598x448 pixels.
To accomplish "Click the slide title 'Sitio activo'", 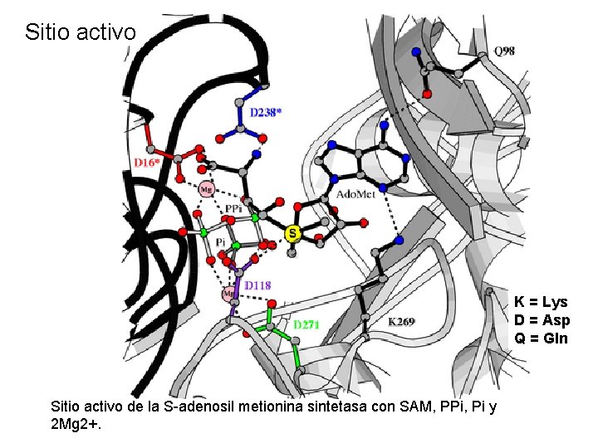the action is pos(80,32).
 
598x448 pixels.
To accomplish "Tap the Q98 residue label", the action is pos(504,51).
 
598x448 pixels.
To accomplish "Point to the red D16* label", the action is pos(146,163).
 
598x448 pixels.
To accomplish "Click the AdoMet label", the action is pos(355,194).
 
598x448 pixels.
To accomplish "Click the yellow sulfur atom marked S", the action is pos(292,234).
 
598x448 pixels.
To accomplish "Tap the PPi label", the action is pos(234,208).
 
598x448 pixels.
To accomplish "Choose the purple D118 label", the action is pos(258,285).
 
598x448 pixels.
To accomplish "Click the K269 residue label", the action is pos(402,321).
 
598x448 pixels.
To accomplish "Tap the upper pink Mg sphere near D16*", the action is pos(207,188).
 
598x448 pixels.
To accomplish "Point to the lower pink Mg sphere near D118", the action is pos(229,294).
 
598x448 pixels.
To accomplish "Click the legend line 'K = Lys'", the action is pos(541,303).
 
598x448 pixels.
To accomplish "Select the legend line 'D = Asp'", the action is pos(541,320).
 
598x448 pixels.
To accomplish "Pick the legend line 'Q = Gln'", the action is pos(541,338).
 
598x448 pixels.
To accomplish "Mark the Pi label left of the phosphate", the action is pos(220,241).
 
